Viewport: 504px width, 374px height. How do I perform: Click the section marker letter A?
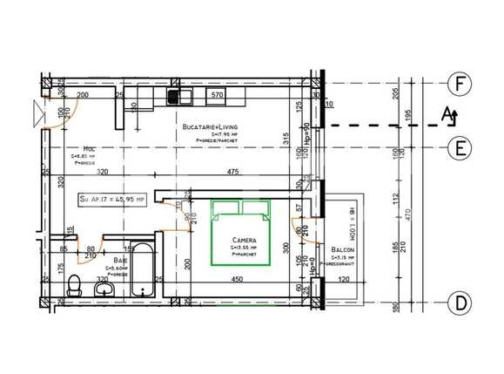coord(447,113)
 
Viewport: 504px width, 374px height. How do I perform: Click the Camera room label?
coord(242,240)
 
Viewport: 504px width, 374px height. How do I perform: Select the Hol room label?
coord(89,149)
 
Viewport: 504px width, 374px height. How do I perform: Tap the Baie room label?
coord(115,261)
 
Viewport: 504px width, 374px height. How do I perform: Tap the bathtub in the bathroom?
coord(142,265)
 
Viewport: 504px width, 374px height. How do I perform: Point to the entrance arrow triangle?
coord(36,112)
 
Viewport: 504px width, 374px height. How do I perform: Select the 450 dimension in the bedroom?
coord(236,280)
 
